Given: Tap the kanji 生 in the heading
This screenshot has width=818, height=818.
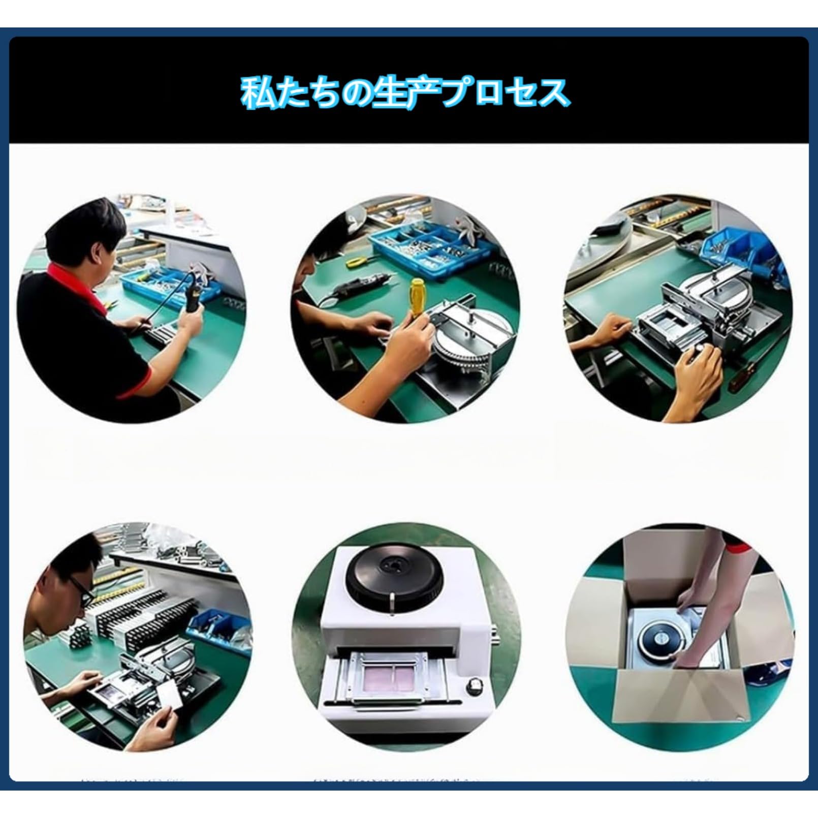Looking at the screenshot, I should click(390, 93).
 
